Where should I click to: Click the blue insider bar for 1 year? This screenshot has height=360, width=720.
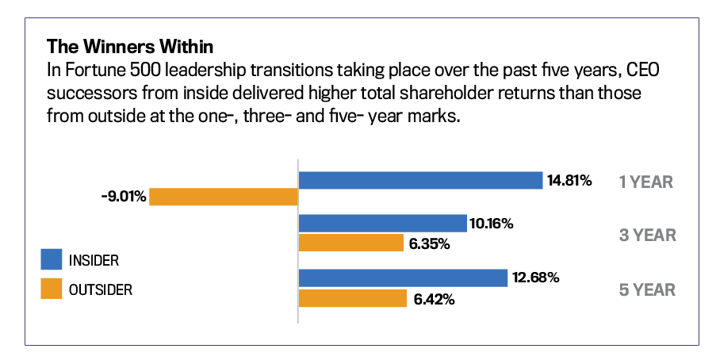click(420, 181)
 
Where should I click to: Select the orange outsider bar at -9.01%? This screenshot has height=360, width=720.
click(224, 197)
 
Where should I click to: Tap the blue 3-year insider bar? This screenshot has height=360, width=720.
click(382, 224)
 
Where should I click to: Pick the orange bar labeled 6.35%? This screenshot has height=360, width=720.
click(351, 243)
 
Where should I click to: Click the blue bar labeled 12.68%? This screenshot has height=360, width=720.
click(403, 278)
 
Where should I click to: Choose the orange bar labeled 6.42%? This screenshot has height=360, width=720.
click(351, 298)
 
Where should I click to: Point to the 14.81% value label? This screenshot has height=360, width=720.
click(569, 181)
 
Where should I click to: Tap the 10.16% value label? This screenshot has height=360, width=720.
click(492, 224)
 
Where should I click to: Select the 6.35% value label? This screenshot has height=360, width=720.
click(429, 243)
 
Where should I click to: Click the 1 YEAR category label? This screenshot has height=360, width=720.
click(646, 182)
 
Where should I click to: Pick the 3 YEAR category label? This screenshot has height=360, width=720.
click(647, 236)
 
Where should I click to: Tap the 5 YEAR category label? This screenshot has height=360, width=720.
click(647, 290)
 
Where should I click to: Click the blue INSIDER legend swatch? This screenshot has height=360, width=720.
click(51, 259)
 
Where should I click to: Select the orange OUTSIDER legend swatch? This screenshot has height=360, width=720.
click(51, 289)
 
